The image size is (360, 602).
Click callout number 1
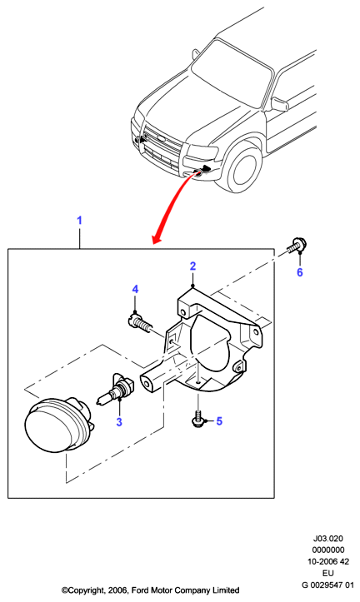79,221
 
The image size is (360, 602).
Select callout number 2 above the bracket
192,266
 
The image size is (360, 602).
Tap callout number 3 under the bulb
119,422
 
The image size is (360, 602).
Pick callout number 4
135,289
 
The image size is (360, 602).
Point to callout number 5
219,421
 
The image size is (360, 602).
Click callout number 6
300,272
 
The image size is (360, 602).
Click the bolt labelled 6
297,246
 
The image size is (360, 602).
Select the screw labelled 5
197,418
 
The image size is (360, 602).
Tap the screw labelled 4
138,324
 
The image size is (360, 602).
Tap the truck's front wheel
242,169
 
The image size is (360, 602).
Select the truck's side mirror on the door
279,103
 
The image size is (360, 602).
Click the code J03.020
327,539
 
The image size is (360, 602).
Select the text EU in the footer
328,573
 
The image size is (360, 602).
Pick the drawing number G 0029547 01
327,585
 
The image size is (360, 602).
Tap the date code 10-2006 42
327,562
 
